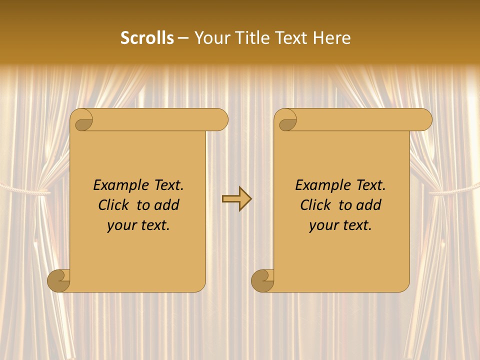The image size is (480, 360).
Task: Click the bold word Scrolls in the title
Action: point(147,38)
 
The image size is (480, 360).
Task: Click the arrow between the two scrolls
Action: point(236,199)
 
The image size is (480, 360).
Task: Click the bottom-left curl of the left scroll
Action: point(59,280)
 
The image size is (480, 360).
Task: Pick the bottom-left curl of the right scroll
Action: point(263,280)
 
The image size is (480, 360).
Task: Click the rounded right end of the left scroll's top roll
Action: point(220,120)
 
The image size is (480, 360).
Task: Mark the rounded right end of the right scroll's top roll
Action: point(424,120)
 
